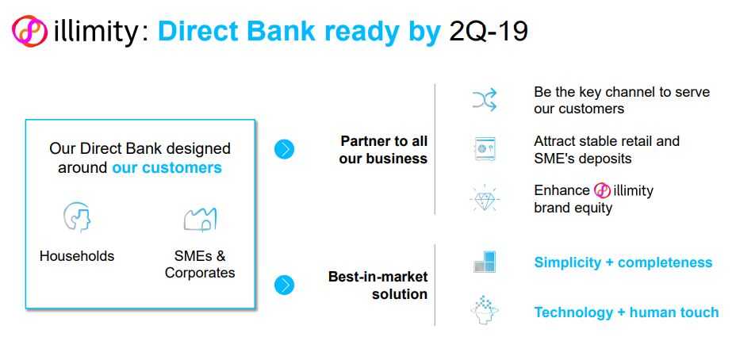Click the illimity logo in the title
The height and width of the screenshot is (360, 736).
[29, 32]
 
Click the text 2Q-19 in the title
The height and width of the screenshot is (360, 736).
[489, 31]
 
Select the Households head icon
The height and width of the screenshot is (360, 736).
[77, 216]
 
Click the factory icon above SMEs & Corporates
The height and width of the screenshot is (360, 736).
[200, 219]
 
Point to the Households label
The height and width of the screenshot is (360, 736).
[77, 256]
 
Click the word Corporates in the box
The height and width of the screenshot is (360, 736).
[200, 273]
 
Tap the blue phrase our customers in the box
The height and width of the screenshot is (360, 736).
[167, 167]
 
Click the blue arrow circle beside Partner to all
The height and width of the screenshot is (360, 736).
[284, 149]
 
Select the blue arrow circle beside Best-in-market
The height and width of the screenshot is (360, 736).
[284, 285]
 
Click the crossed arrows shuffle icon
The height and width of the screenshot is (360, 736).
[485, 100]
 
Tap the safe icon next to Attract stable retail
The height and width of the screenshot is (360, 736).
[485, 149]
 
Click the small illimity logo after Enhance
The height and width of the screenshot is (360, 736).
[602, 190]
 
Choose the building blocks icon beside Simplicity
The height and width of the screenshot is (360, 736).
[485, 262]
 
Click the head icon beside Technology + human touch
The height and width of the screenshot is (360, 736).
[485, 310]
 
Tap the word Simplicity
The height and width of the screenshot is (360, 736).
[568, 262]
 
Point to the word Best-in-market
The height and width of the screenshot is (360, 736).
[378, 277]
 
